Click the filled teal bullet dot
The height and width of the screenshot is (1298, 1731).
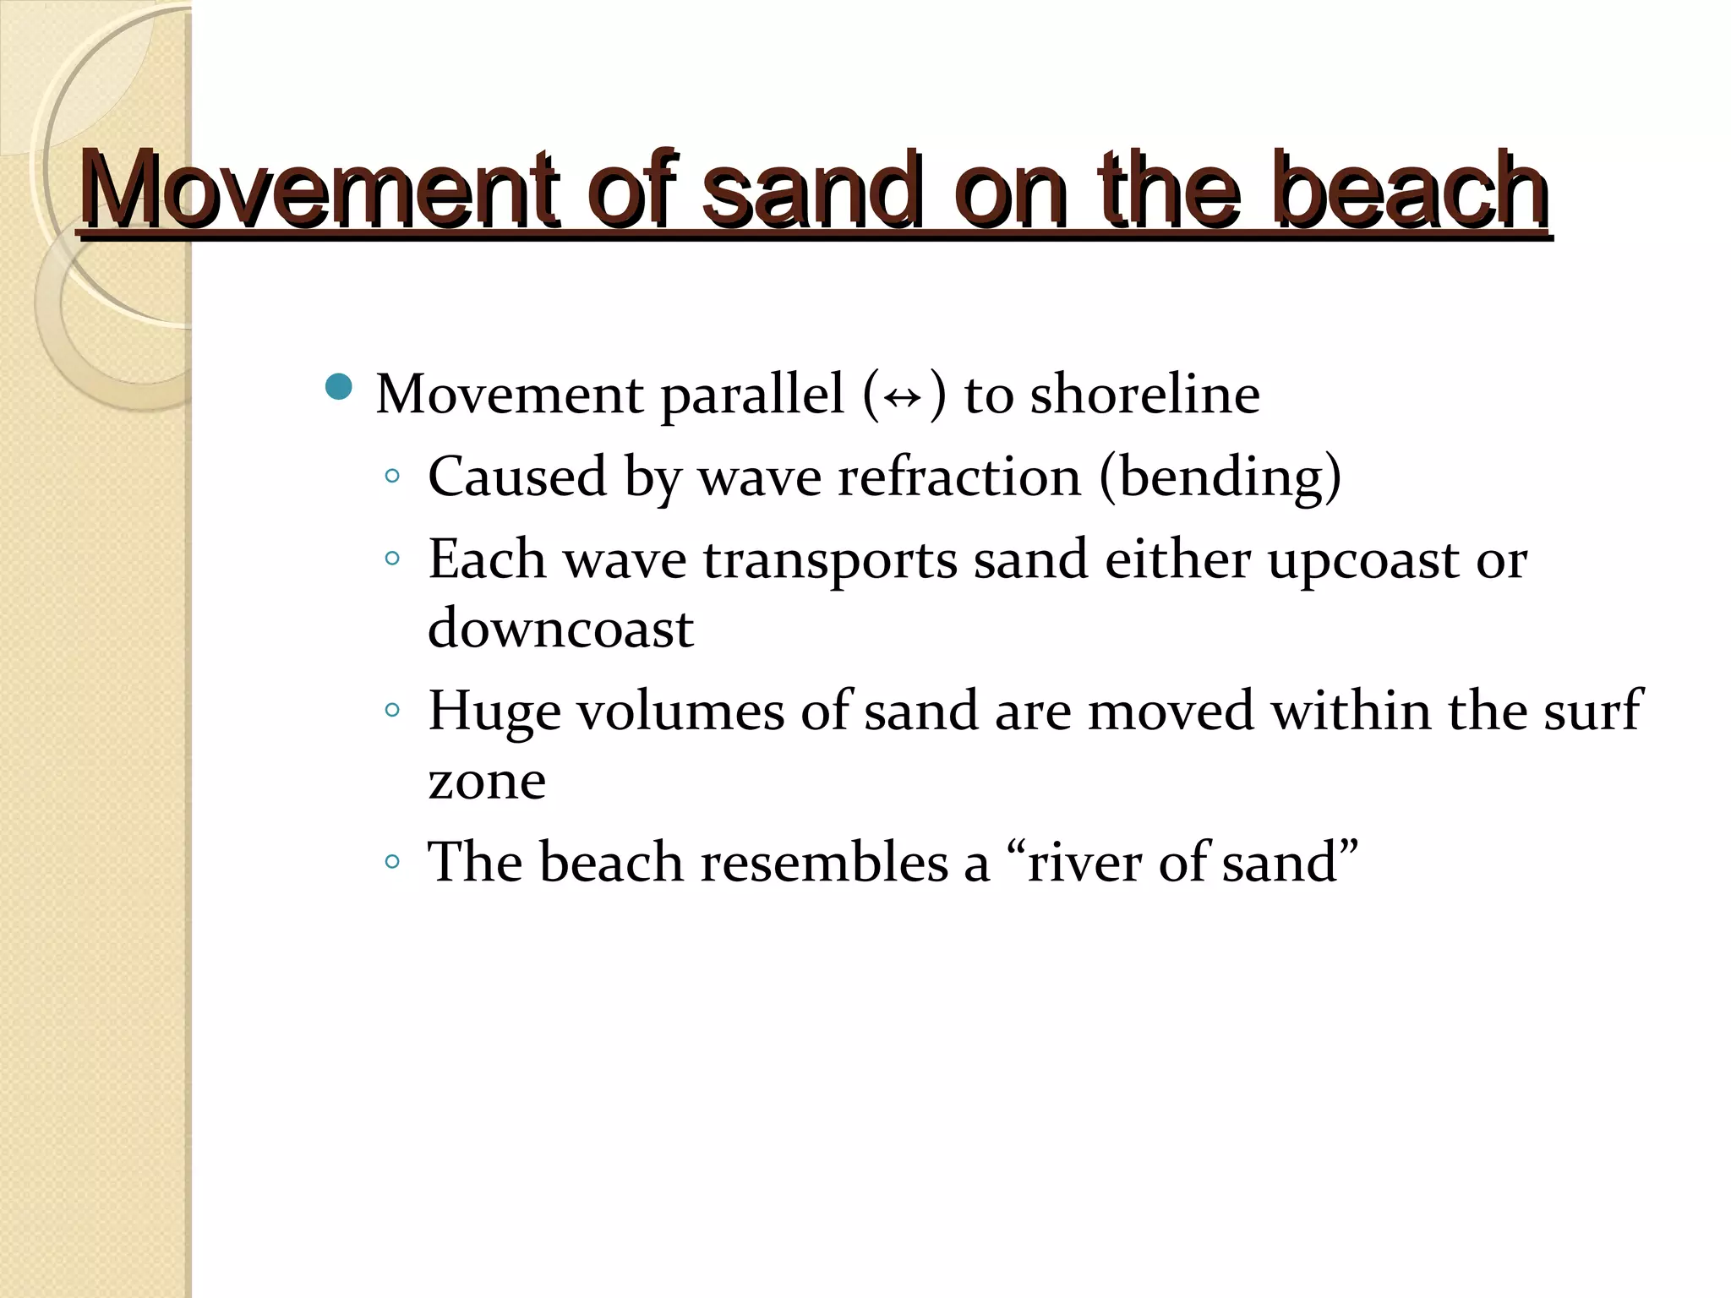click(339, 387)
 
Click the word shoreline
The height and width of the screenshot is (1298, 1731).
click(1144, 395)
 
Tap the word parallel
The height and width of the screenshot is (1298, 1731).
click(752, 396)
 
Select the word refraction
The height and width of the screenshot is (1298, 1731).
click(958, 477)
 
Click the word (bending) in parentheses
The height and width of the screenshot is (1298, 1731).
click(1220, 478)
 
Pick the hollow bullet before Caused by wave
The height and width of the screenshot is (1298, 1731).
click(391, 477)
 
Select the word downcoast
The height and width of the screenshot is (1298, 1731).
click(560, 629)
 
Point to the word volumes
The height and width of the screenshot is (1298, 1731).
click(680, 711)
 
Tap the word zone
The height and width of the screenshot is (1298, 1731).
click(487, 781)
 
